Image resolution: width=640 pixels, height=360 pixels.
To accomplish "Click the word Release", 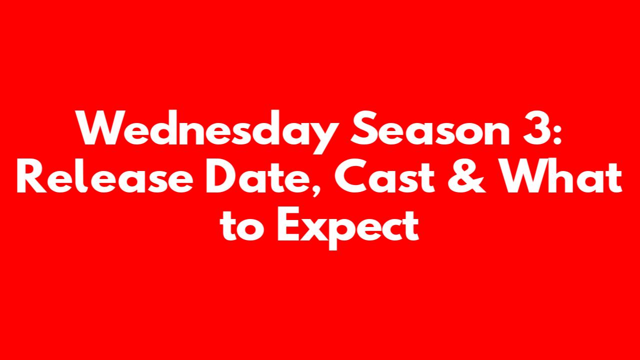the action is pyautogui.click(x=105, y=175).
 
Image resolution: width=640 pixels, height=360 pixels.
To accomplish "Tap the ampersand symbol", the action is pyautogui.click(x=466, y=176).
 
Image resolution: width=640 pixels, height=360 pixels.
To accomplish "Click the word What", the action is pyautogui.click(x=560, y=175).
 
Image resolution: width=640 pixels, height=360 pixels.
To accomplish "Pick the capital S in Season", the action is pyautogui.click(x=364, y=128).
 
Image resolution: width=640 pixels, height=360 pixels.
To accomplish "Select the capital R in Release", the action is pyautogui.click(x=31, y=176).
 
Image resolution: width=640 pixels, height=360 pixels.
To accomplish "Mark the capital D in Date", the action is pyautogui.click(x=221, y=176).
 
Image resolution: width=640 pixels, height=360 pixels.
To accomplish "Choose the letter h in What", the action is pyautogui.click(x=571, y=175).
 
